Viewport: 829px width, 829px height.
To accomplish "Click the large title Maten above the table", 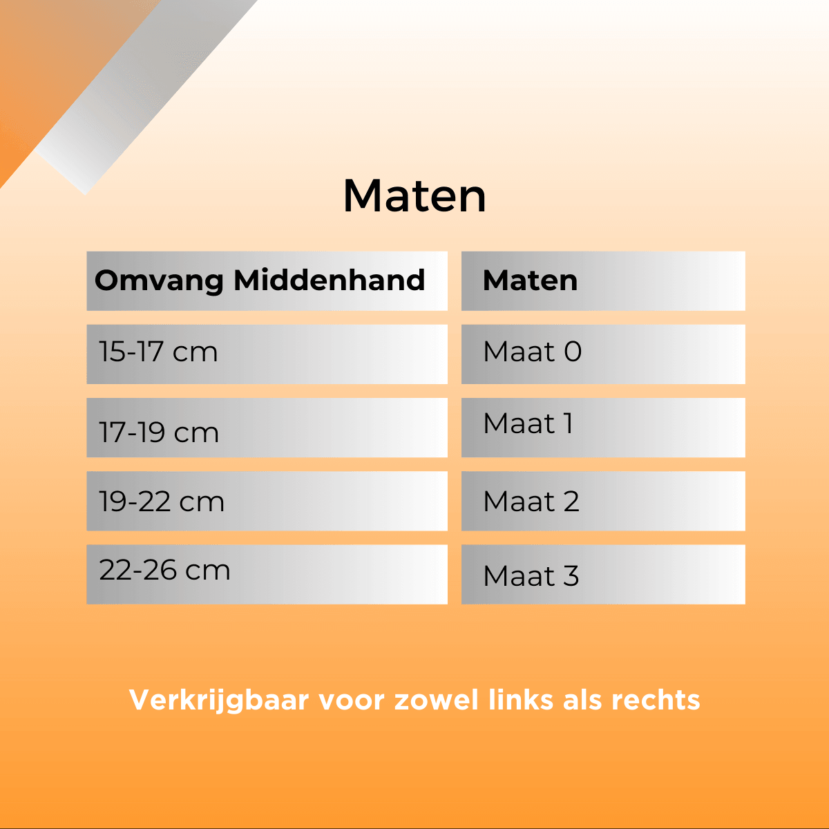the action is click(x=414, y=196).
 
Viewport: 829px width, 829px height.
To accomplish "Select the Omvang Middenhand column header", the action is click(x=267, y=281).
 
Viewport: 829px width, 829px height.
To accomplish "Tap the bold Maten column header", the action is click(x=603, y=281).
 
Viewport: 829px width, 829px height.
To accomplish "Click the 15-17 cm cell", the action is click(x=267, y=354).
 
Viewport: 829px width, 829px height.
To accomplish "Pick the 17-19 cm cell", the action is click(x=267, y=428).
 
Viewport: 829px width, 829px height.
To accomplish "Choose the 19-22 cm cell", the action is click(x=267, y=501).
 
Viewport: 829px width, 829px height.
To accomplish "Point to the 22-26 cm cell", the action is click(x=267, y=574).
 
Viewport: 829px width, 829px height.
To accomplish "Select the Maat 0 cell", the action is click(x=603, y=354).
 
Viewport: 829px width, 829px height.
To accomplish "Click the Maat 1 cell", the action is click(x=603, y=428).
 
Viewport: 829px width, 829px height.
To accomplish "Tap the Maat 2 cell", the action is click(x=603, y=501).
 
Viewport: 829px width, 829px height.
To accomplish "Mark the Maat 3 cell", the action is click(x=603, y=574).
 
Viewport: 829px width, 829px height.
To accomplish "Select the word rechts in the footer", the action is click(x=656, y=700).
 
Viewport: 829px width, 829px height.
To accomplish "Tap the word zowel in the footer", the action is click(x=436, y=700).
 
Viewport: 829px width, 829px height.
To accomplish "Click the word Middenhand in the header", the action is click(x=329, y=280).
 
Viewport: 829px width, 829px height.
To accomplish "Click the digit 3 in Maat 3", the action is click(x=571, y=575).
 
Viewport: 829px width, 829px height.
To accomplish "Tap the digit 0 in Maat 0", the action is click(x=573, y=352).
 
